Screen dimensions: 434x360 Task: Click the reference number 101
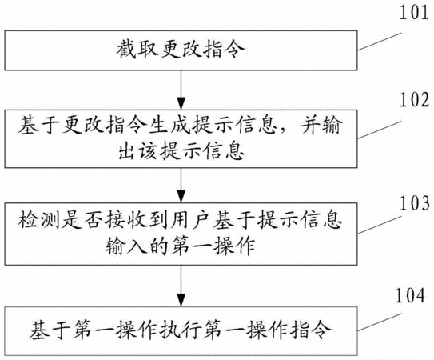click(414, 12)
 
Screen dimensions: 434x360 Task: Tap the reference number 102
click(414, 100)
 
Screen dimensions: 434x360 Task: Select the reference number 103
click(414, 203)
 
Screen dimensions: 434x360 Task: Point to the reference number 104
click(410, 296)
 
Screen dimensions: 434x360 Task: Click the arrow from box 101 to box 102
click(181, 90)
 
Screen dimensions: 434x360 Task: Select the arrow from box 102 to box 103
click(181, 185)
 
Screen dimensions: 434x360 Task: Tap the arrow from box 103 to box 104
click(181, 286)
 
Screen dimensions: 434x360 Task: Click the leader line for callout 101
click(379, 42)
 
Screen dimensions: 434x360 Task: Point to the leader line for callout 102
click(379, 130)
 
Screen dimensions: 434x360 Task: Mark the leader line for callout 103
click(379, 225)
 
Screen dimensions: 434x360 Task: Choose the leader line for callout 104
click(379, 322)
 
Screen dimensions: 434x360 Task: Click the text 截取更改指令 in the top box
click(181, 50)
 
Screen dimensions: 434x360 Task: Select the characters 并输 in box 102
click(321, 126)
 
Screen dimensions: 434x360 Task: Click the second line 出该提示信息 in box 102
click(181, 151)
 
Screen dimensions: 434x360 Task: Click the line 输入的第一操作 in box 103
click(180, 246)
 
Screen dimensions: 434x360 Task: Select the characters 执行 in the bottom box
click(181, 330)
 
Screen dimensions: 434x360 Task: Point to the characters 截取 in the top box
click(137, 50)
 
